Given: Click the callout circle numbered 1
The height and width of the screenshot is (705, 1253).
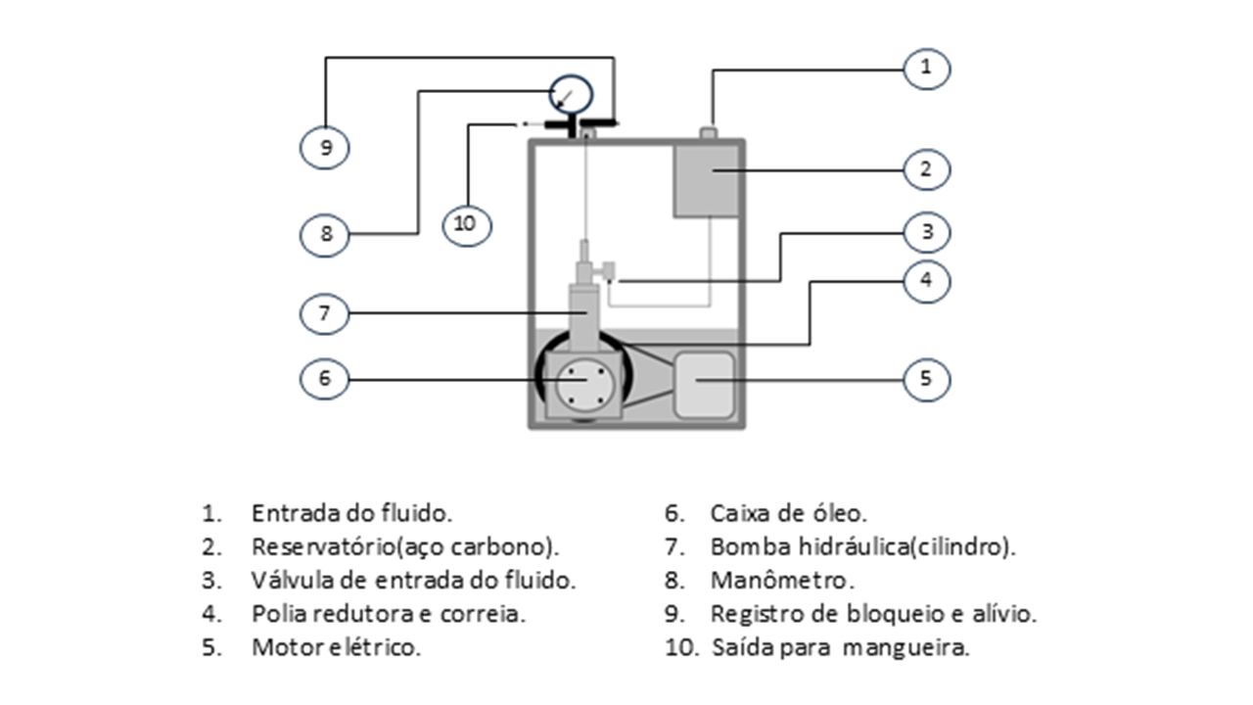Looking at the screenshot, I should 926,68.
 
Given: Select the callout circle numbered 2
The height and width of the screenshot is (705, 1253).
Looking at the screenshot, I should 926,169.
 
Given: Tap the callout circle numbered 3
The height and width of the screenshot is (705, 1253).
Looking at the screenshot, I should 926,233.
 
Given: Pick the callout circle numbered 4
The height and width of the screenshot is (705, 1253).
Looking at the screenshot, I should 926,280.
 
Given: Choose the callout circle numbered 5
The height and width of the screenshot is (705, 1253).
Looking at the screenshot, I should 926,379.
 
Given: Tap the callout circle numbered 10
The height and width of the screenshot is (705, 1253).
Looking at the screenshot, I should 466,223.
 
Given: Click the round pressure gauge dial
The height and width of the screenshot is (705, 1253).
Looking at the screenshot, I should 571,95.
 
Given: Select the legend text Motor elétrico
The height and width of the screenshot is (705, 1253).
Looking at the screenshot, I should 336,648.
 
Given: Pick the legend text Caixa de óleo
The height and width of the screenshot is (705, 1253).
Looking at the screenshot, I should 788,513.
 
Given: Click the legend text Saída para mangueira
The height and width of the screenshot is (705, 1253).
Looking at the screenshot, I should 840,648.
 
